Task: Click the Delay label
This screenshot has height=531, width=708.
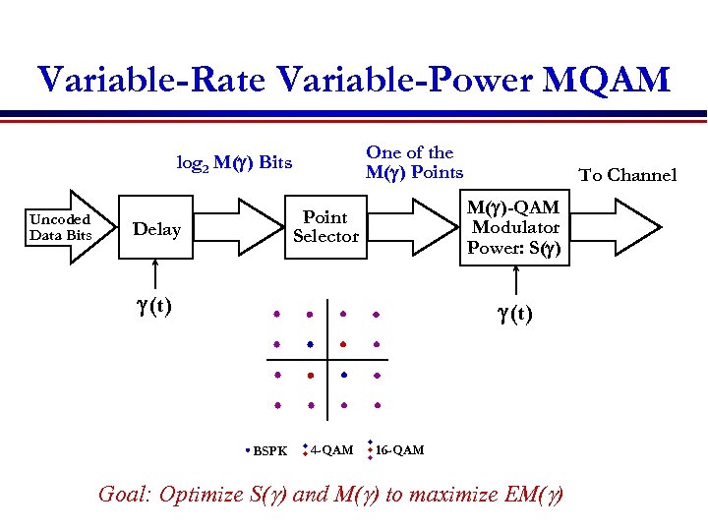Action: click(156, 229)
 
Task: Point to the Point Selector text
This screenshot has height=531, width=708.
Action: click(325, 226)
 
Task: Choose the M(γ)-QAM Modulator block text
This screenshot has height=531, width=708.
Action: click(513, 227)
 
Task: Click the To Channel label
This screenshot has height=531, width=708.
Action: click(627, 175)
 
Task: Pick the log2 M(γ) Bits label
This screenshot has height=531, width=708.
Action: click(234, 162)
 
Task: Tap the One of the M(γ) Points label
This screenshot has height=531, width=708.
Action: click(413, 162)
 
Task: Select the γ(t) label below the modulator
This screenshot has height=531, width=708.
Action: click(514, 315)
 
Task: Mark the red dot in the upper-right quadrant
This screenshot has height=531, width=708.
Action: click(343, 344)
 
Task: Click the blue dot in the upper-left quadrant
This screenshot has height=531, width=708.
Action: click(310, 344)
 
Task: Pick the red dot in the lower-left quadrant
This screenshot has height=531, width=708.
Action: click(310, 376)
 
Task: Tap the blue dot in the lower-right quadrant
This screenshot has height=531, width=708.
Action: click(343, 375)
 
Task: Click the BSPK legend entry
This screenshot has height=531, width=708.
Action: click(267, 451)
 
